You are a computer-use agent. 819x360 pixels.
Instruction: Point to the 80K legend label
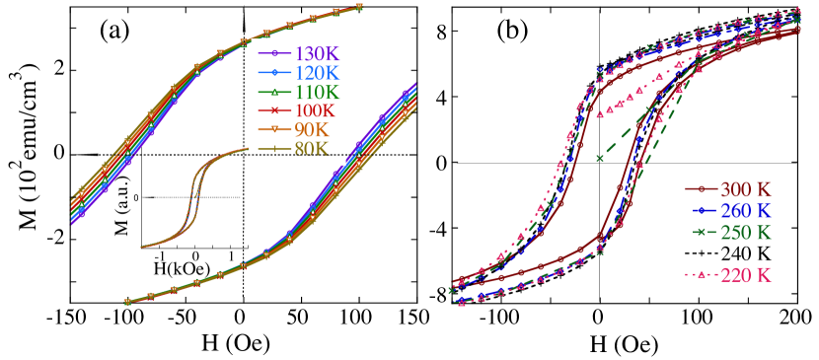(312, 150)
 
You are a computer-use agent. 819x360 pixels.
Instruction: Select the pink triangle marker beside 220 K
(701, 275)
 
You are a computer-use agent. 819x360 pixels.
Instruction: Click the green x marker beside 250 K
(701, 232)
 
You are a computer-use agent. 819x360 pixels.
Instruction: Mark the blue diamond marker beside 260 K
(701, 210)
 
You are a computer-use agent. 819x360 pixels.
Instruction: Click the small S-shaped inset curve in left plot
(193, 197)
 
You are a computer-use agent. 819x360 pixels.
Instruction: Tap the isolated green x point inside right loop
(599, 158)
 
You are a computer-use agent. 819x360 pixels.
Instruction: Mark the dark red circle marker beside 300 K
(701, 188)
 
